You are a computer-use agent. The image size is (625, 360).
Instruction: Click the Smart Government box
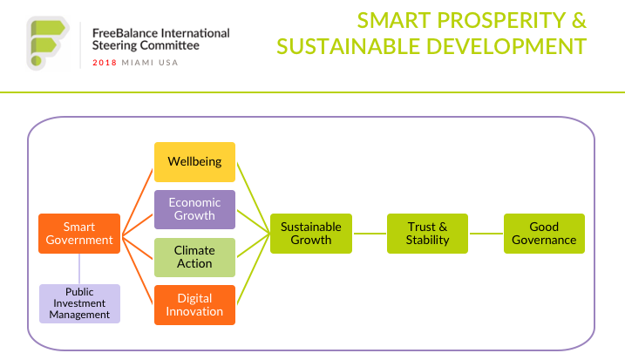pyautogui.click(x=79, y=234)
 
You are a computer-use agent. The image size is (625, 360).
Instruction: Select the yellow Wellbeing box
pyautogui.click(x=194, y=162)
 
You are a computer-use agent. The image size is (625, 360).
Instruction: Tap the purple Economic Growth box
pyautogui.click(x=194, y=209)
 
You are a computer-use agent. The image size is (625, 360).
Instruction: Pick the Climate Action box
pyautogui.click(x=194, y=257)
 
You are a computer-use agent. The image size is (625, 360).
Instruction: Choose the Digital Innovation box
pyautogui.click(x=194, y=305)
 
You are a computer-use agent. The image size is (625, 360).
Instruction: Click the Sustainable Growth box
pyautogui.click(x=311, y=234)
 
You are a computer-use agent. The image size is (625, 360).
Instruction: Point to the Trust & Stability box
pyautogui.click(x=427, y=234)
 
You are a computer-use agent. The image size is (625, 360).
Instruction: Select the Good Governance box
pyautogui.click(x=544, y=234)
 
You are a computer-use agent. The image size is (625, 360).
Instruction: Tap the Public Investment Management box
pyautogui.click(x=79, y=303)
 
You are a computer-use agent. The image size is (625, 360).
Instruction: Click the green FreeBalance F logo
pyautogui.click(x=48, y=43)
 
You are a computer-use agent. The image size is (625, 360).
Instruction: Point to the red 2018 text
pyautogui.click(x=105, y=63)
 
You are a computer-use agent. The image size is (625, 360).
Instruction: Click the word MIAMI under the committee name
pyautogui.click(x=138, y=63)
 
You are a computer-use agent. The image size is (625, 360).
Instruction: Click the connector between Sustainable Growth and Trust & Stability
pyautogui.click(x=370, y=234)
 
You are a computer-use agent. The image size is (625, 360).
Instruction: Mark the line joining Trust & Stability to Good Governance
pyautogui.click(x=486, y=234)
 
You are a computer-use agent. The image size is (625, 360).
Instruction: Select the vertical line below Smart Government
pyautogui.click(x=79, y=268)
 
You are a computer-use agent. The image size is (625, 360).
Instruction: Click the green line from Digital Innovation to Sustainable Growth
pyautogui.click(x=254, y=269)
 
